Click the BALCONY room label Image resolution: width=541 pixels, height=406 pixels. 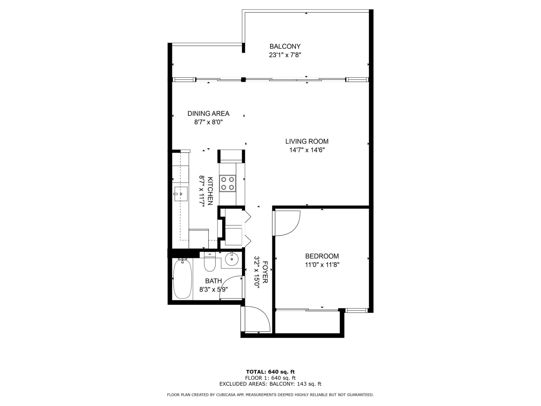coord(285,46)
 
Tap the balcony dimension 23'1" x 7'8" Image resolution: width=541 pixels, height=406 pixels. coord(285,55)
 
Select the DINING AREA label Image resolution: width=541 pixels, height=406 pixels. coord(208,113)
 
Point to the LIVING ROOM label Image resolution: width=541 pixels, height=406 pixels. coord(307,141)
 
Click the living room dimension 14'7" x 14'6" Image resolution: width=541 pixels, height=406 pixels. coord(307,150)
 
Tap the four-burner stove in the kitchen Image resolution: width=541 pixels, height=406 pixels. coord(227,183)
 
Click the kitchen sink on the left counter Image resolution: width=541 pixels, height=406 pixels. coord(180,194)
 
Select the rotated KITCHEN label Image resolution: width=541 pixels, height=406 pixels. coord(210,191)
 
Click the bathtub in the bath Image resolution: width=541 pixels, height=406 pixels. coord(182,279)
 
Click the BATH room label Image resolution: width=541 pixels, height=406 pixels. coord(213,281)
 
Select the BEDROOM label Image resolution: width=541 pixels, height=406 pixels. coord(322,256)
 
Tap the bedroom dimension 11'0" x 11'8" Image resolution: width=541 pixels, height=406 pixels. coord(322,265)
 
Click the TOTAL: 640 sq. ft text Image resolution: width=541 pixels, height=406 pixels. coord(270,372)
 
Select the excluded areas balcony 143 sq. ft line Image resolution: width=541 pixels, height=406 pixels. coord(270,384)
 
